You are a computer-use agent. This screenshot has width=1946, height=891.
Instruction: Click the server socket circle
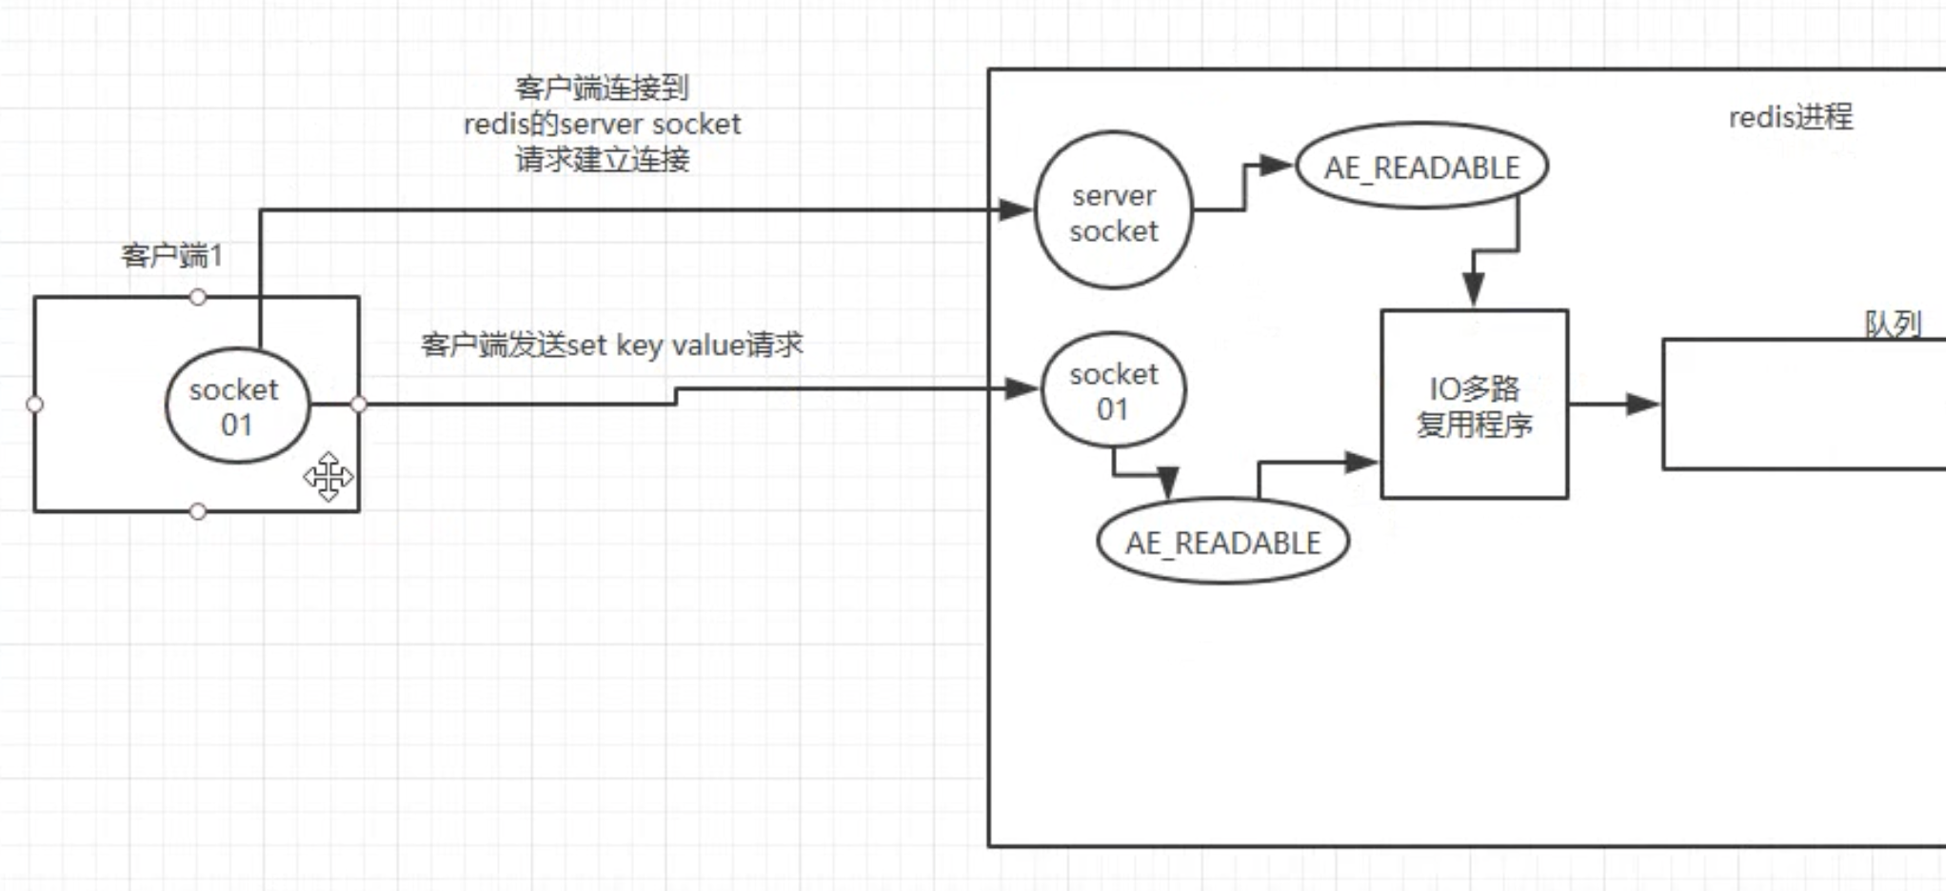[1113, 210]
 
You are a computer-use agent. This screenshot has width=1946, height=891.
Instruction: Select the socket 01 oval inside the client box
[237, 406]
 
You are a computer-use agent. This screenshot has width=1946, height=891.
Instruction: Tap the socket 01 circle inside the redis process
[1113, 390]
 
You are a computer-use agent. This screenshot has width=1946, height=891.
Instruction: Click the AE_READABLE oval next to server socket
[1421, 167]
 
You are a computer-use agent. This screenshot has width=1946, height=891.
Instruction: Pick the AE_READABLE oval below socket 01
[1223, 542]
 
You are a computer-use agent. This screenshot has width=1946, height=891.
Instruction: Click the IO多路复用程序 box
[1474, 405]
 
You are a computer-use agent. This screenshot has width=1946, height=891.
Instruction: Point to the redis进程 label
[1790, 117]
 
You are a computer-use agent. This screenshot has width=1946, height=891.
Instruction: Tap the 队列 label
[1892, 325]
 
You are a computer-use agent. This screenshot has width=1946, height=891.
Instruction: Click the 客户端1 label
[171, 255]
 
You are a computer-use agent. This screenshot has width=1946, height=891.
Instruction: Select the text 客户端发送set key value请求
[611, 345]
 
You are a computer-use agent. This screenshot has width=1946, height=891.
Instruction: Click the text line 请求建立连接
[602, 159]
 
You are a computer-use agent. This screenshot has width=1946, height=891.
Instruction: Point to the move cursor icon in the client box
[328, 477]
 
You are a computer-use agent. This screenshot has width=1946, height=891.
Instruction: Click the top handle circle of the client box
[198, 297]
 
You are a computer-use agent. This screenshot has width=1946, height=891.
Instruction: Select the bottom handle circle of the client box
[198, 512]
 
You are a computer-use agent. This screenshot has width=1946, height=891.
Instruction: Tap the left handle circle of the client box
[35, 405]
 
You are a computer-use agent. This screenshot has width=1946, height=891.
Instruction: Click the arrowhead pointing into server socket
[1015, 210]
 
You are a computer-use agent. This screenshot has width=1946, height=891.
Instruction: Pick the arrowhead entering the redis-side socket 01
[1021, 388]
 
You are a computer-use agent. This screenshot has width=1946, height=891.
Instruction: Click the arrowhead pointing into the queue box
[1641, 405]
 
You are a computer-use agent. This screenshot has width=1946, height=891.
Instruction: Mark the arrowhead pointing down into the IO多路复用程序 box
[1473, 288]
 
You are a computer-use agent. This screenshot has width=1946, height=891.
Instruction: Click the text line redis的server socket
[602, 124]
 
